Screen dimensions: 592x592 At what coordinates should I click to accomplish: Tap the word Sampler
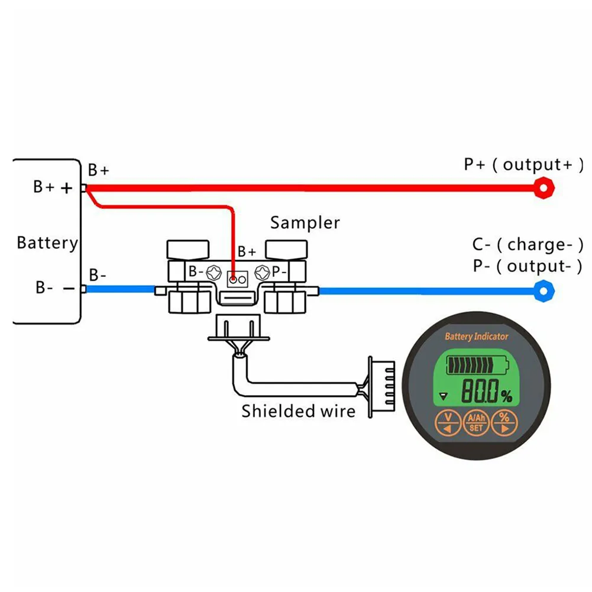click(x=305, y=223)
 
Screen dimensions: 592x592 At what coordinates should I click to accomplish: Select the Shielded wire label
click(x=299, y=410)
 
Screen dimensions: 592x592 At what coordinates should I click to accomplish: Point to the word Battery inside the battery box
click(x=47, y=242)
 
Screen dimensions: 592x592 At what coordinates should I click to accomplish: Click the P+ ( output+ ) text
click(x=523, y=164)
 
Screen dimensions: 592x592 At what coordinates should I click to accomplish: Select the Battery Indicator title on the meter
click(x=476, y=337)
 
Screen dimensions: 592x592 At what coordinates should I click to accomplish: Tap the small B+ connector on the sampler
click(x=237, y=277)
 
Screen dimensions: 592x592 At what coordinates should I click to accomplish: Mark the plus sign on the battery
click(x=67, y=188)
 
